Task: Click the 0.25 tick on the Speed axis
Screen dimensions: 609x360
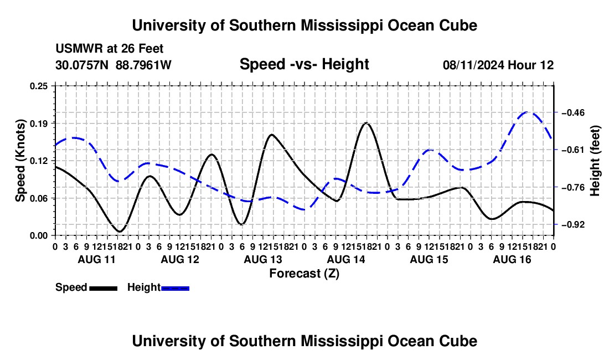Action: (x=38, y=86)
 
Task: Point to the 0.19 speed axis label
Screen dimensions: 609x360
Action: (x=38, y=124)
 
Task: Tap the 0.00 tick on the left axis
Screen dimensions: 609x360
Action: (x=38, y=236)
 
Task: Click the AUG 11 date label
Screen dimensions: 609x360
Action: (x=97, y=259)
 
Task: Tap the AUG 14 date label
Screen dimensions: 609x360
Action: (x=346, y=259)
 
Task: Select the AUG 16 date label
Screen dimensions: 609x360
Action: (x=512, y=259)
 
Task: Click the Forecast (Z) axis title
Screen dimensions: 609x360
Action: (x=304, y=274)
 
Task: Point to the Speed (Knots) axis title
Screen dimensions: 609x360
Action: (x=20, y=161)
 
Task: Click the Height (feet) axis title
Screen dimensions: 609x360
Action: (x=595, y=161)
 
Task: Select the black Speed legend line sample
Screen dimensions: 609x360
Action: (x=104, y=289)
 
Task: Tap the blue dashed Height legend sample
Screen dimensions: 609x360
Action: (x=175, y=289)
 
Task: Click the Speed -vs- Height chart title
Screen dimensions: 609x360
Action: (x=304, y=64)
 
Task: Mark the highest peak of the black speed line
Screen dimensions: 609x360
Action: (x=367, y=123)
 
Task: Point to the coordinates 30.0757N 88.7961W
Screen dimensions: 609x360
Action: (x=113, y=65)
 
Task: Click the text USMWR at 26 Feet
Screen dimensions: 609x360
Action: (x=110, y=49)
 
